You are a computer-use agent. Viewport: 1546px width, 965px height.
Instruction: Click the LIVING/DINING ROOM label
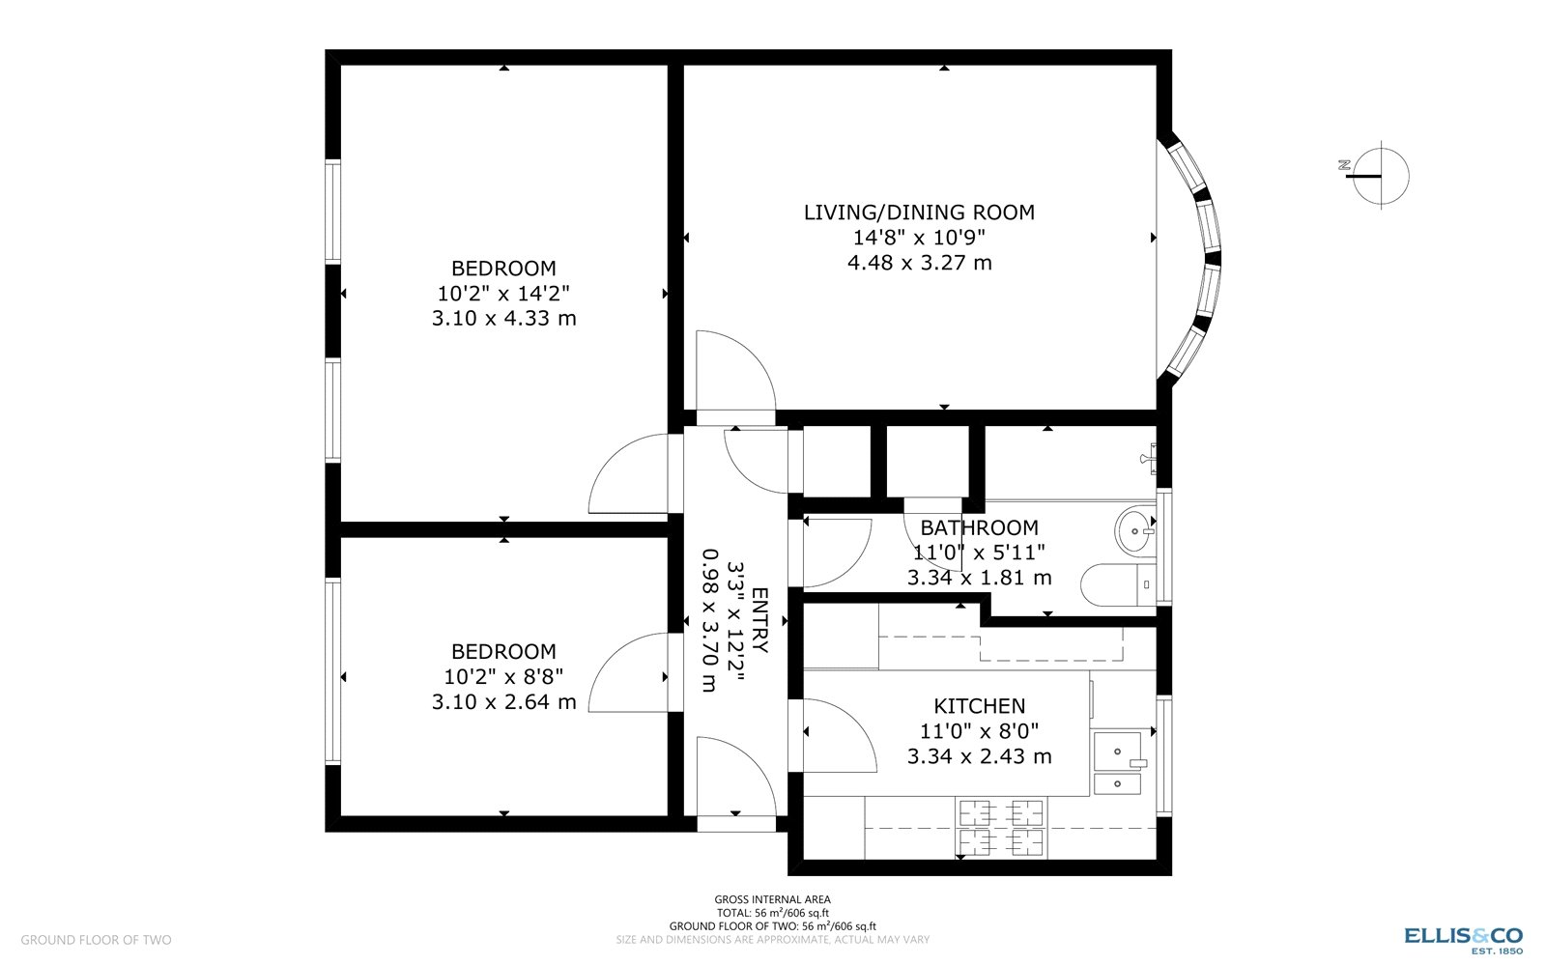(919, 213)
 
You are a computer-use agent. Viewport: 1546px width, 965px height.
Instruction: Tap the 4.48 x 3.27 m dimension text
(919, 263)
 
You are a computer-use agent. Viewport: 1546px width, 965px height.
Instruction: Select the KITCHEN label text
(979, 706)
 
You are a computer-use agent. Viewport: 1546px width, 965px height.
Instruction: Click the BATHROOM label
(979, 527)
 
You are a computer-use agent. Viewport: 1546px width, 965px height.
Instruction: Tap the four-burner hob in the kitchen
(1000, 828)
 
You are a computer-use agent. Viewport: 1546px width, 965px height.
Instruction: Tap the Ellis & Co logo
(1463, 937)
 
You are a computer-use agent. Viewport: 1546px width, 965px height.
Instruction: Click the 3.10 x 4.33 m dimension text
(503, 318)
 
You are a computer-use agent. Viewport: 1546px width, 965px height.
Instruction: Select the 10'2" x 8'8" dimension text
(503, 676)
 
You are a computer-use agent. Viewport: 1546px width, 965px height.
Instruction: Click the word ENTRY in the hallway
(759, 620)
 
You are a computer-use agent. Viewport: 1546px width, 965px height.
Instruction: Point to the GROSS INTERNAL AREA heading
(772, 899)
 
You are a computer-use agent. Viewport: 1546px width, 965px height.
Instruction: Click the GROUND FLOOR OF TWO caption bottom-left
(96, 940)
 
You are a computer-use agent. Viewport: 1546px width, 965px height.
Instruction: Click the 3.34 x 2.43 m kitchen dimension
(979, 756)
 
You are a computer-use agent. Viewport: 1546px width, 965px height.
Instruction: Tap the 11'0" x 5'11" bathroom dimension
(979, 553)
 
